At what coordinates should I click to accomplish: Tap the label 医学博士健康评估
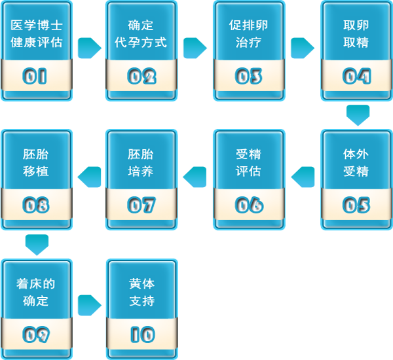pyautogui.click(x=37, y=34)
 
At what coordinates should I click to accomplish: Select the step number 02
pyautogui.click(x=141, y=76)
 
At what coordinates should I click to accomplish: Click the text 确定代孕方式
pyautogui.click(x=141, y=34)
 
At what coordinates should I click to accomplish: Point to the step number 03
pyautogui.click(x=249, y=76)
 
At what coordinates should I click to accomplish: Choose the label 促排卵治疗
pyautogui.click(x=249, y=34)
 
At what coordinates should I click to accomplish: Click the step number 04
pyautogui.click(x=356, y=76)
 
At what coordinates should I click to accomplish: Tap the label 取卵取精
pyautogui.click(x=356, y=34)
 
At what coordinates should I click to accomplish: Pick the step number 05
pyautogui.click(x=356, y=205)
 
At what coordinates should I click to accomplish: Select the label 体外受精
pyautogui.click(x=356, y=163)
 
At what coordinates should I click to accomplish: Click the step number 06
pyautogui.click(x=249, y=205)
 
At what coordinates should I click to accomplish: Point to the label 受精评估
pyautogui.click(x=249, y=163)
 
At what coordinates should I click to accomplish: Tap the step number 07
pyautogui.click(x=141, y=205)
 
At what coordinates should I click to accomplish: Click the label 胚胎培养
pyautogui.click(x=141, y=163)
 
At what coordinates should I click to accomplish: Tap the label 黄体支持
pyautogui.click(x=141, y=293)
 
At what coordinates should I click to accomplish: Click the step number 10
pyautogui.click(x=141, y=334)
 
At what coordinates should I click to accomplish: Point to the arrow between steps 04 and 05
pyautogui.click(x=358, y=115)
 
